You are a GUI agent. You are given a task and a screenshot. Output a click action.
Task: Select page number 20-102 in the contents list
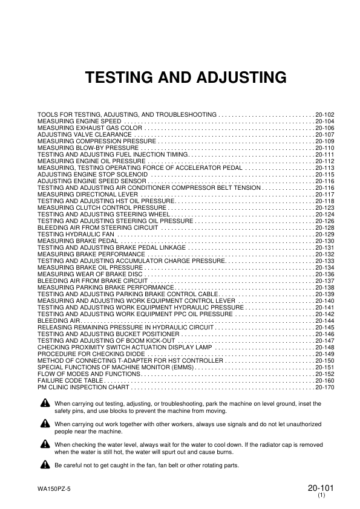point(324,114)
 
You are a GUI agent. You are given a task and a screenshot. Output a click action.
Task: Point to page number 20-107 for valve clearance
point(324,135)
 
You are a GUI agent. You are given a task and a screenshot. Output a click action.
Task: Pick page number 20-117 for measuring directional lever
point(324,195)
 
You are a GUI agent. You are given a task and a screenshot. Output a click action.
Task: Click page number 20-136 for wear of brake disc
point(324,274)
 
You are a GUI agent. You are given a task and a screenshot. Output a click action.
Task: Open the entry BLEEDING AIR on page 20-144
point(55,321)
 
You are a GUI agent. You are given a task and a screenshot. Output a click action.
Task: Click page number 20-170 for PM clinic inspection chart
point(324,387)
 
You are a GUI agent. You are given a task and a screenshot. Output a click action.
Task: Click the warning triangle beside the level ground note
point(45,403)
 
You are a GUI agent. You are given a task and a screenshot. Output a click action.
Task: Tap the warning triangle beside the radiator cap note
point(45,444)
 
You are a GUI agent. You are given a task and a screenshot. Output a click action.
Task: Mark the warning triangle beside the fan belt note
point(45,465)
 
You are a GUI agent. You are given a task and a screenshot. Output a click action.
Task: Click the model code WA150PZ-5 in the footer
point(54,490)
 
